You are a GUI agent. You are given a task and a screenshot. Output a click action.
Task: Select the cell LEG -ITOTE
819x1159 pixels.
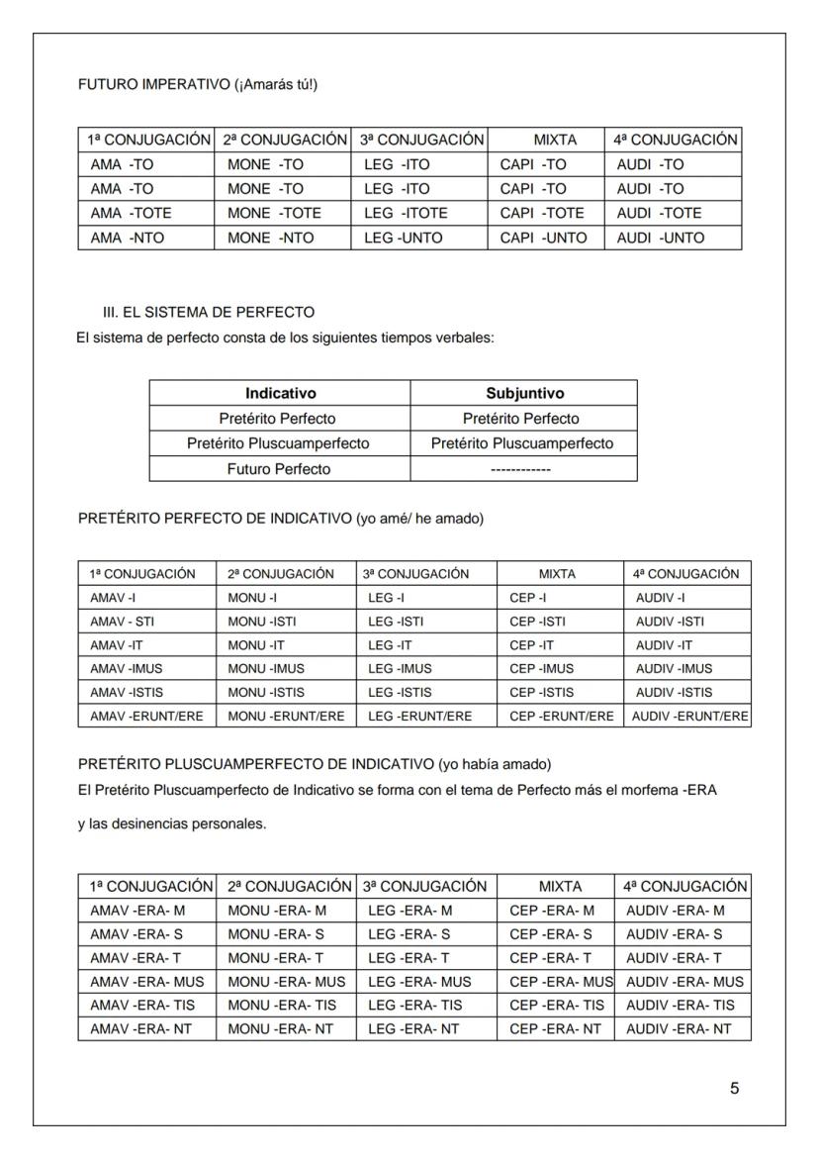click(x=406, y=213)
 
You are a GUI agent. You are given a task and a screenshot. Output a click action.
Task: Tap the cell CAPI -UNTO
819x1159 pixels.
click(x=543, y=238)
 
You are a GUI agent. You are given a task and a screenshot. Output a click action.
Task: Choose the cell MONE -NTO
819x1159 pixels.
click(x=266, y=238)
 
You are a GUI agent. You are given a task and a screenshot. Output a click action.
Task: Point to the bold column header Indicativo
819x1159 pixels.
click(x=280, y=393)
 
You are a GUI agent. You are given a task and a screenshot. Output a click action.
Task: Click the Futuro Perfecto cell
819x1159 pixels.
click(x=280, y=468)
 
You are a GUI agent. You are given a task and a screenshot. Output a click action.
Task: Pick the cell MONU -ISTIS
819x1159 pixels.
click(x=266, y=692)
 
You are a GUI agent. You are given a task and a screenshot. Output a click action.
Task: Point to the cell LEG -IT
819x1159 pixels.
click(x=386, y=644)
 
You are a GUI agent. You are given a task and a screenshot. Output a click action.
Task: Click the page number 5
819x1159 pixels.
click(x=734, y=1089)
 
